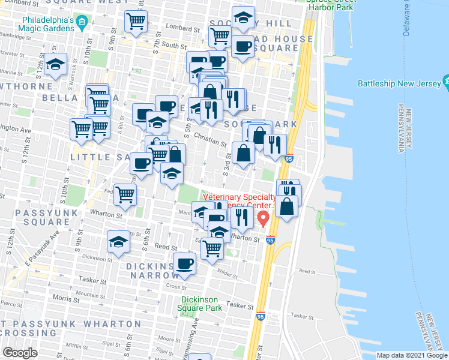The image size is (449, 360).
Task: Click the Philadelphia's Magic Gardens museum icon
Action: [83, 23]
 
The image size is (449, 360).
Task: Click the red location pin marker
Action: [263, 218]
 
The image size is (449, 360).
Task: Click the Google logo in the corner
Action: [20, 353]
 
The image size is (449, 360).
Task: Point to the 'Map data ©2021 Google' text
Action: [412, 355]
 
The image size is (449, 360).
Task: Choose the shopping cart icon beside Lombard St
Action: [137, 22]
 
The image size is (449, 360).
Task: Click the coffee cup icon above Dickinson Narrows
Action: [184, 263]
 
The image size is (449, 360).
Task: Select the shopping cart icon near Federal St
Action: [125, 194]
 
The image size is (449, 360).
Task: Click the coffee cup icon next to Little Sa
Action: [142, 163]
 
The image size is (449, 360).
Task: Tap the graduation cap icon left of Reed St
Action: [118, 242]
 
